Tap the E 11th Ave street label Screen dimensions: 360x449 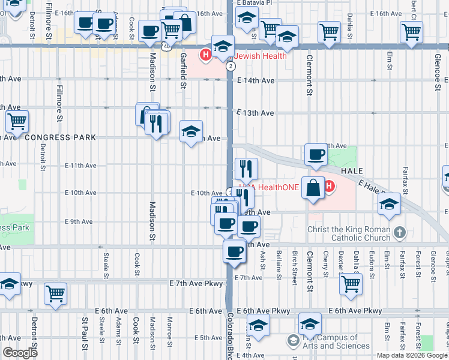[80, 166]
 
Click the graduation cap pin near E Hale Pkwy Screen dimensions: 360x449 [389, 205]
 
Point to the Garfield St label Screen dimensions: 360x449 [182, 71]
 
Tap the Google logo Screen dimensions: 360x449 [20, 353]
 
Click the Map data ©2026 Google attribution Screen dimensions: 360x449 [411, 355]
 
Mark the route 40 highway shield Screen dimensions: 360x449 [165, 45]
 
